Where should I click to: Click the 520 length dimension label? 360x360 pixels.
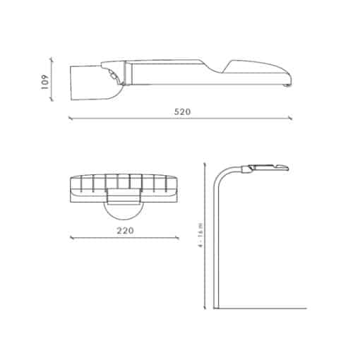click(x=182, y=112)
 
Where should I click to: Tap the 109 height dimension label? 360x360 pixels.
click(x=44, y=82)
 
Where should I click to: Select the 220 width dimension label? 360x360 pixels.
click(x=126, y=231)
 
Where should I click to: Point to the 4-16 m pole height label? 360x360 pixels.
click(x=200, y=235)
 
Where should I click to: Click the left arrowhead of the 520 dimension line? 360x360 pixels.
click(x=70, y=118)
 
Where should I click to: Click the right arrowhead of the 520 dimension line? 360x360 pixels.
click(x=291, y=118)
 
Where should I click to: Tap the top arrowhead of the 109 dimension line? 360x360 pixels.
click(x=52, y=59)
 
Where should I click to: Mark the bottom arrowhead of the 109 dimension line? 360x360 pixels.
click(x=52, y=100)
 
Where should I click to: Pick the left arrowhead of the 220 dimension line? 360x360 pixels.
click(x=71, y=238)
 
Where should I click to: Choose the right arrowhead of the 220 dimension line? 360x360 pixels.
click(x=177, y=238)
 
